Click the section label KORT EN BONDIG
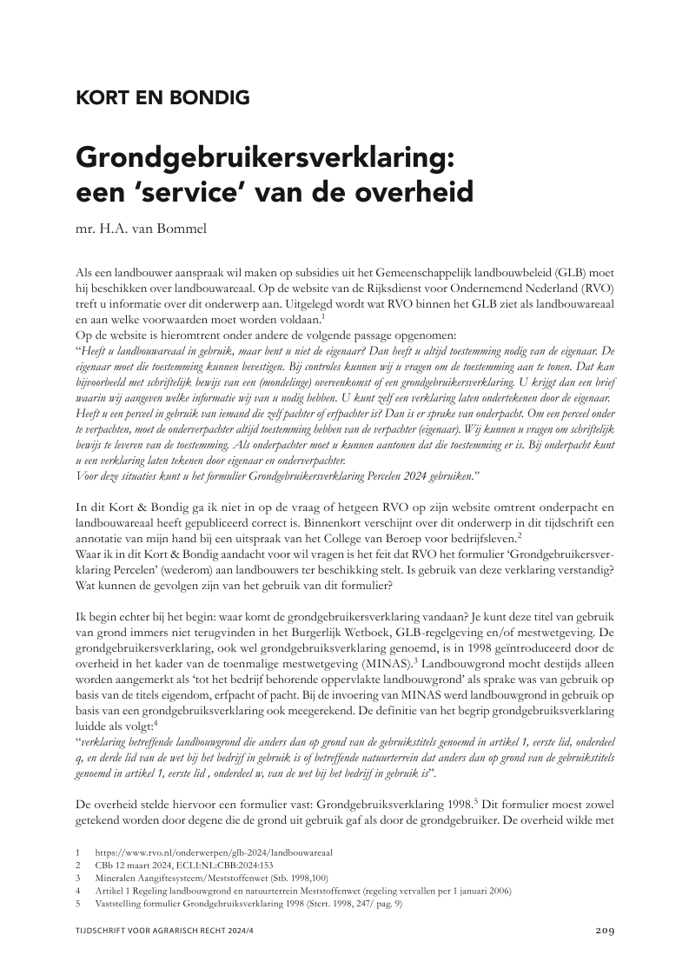162,97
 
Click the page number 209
605,931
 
